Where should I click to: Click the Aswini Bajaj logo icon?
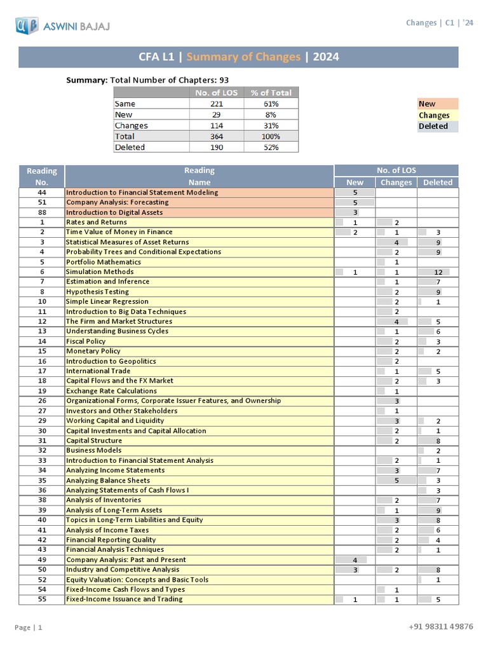(27, 26)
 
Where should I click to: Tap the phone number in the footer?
(441, 626)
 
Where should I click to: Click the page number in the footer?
(29, 627)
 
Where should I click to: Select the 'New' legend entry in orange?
(427, 104)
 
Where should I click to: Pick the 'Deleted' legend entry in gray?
(433, 126)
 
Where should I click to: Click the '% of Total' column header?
(271, 92)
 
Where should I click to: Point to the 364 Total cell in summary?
(217, 136)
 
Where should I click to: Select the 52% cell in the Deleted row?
(271, 147)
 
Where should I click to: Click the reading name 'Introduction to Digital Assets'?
(114, 212)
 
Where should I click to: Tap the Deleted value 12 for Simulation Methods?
(438, 272)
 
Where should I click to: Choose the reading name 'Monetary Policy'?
(93, 351)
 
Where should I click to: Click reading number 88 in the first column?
(42, 212)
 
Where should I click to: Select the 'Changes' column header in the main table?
(396, 182)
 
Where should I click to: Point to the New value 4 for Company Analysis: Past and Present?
(355, 559)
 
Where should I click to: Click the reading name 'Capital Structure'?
(94, 441)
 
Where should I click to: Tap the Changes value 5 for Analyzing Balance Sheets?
(396, 481)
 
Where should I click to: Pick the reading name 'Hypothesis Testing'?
(97, 292)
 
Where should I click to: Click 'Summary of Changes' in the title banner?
(243, 57)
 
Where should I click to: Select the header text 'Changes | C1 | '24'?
(439, 23)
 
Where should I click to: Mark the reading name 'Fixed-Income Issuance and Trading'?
(124, 599)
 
